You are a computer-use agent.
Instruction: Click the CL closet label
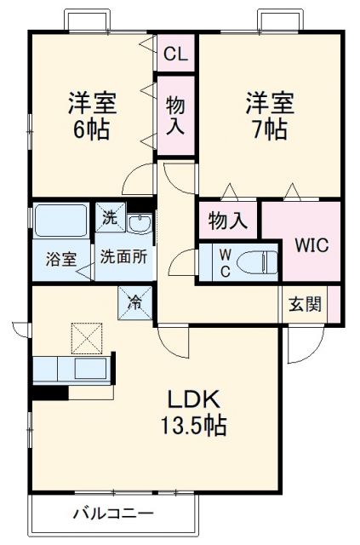[x=176, y=54]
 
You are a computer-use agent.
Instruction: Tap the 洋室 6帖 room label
[x=92, y=117]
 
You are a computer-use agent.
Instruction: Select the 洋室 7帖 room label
[x=270, y=117]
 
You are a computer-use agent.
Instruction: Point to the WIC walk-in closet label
[x=311, y=245]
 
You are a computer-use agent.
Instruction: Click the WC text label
[x=213, y=261]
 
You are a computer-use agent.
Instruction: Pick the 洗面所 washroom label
[x=123, y=256]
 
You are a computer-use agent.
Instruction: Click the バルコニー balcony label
[x=112, y=513]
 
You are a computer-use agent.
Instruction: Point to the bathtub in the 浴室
[x=60, y=221]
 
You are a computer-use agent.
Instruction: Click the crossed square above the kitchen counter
[x=86, y=338]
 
